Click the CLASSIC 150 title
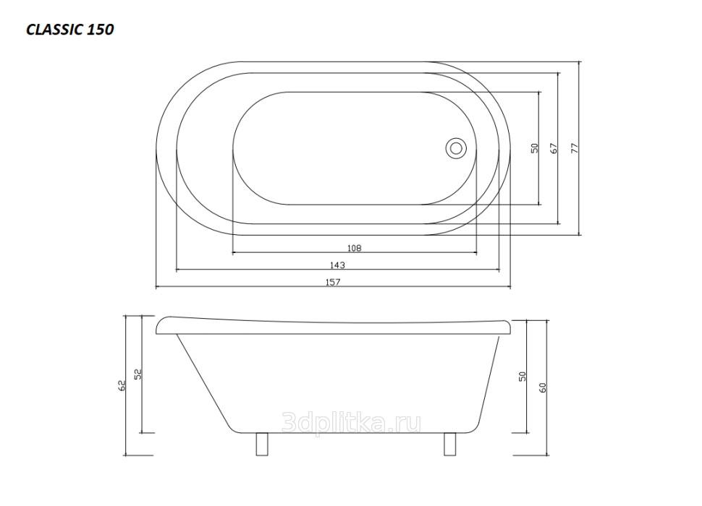click(x=70, y=30)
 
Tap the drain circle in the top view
click(x=456, y=148)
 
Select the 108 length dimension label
click(x=354, y=248)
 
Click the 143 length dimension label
click(x=337, y=265)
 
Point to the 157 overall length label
click(x=333, y=282)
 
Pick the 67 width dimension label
click(x=554, y=148)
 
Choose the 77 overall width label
click(x=575, y=148)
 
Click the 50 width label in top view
click(x=535, y=148)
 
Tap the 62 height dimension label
click(x=122, y=385)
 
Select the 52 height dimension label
click(x=138, y=374)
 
